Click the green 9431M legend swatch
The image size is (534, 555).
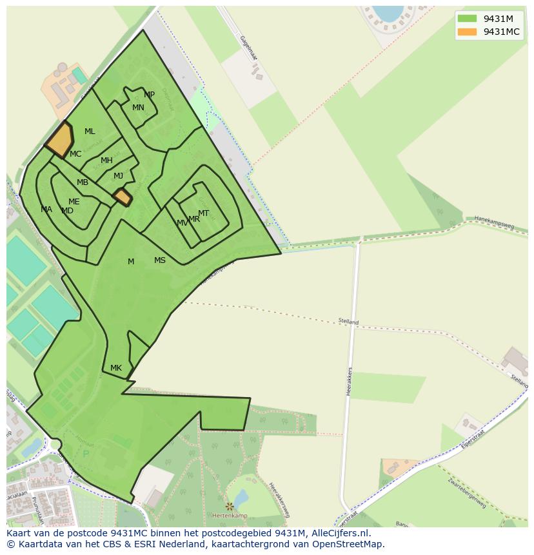click(467, 19)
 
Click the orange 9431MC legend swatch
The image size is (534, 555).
click(467, 32)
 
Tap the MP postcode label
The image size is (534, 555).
click(150, 95)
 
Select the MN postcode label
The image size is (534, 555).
click(138, 108)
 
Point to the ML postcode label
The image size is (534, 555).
click(90, 131)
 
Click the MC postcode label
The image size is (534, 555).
click(75, 154)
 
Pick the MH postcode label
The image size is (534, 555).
click(106, 161)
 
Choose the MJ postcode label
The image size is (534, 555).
click(118, 176)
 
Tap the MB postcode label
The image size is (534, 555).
click(83, 182)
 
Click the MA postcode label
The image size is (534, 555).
click(46, 209)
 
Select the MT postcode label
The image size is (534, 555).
click(203, 213)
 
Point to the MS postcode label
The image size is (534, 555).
click(160, 260)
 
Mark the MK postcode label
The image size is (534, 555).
click(116, 368)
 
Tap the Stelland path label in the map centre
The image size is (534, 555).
click(348, 321)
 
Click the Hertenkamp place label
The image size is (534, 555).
click(230, 516)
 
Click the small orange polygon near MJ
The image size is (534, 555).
click(122, 197)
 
